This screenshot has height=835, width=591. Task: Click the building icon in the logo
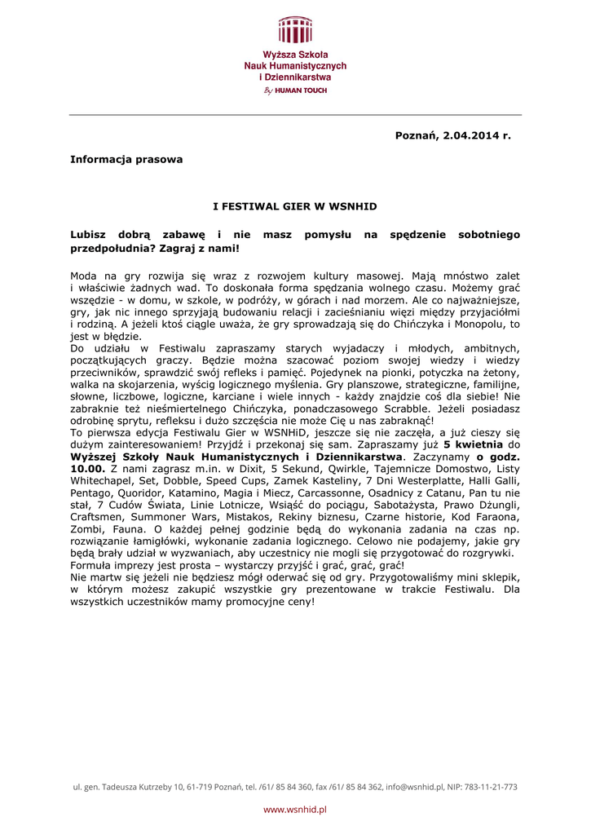(x=295, y=30)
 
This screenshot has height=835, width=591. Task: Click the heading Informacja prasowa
(x=126, y=159)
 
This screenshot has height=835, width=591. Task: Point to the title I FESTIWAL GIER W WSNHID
(x=295, y=206)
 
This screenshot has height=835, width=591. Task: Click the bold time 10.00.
(x=88, y=469)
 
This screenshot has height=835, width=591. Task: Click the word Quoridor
(x=144, y=493)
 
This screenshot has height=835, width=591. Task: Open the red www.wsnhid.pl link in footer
(x=295, y=809)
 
